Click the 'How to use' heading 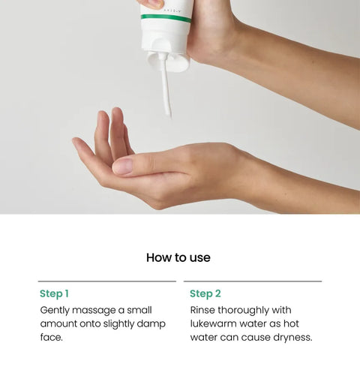[178, 257]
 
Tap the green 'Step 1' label [54, 293]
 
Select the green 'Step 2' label [205, 293]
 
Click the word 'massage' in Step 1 [94, 311]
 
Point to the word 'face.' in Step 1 [51, 337]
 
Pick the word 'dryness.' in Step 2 [292, 338]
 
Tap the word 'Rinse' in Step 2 [202, 310]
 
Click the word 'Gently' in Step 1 [55, 311]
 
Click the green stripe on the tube [166, 18]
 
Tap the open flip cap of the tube [168, 61]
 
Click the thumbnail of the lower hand [122, 167]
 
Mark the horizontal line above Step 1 [107, 281]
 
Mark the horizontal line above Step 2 [253, 281]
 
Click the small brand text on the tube [172, 11]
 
